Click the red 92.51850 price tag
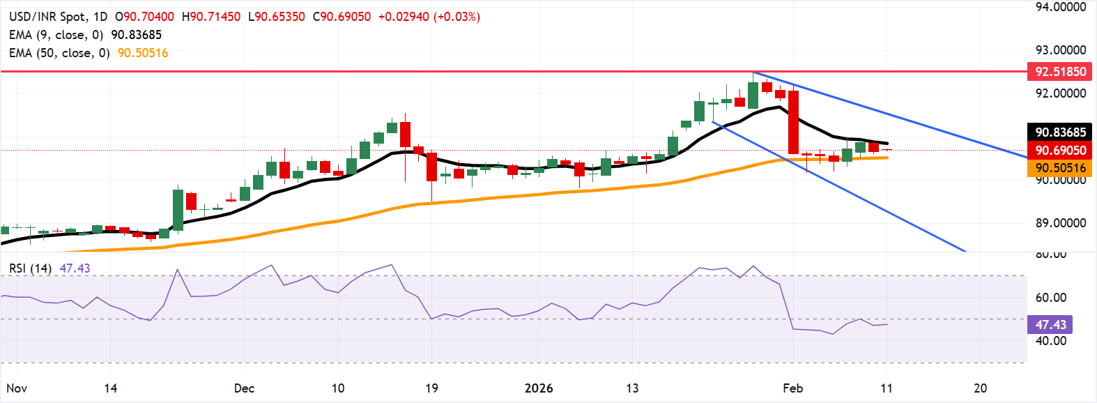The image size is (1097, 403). tap(1060, 71)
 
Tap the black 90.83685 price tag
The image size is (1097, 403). tap(1060, 132)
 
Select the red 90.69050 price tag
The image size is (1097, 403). tap(1060, 150)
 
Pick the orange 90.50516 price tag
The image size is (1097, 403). tap(1060, 168)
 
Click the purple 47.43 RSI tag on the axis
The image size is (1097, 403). tap(1050, 324)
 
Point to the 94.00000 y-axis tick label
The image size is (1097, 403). tap(1060, 7)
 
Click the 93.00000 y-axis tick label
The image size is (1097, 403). tap(1060, 50)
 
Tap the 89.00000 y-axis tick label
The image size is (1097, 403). tap(1060, 223)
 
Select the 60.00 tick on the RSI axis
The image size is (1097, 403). tap(1050, 298)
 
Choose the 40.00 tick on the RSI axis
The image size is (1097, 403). tap(1050, 341)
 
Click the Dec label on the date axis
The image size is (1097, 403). tap(244, 388)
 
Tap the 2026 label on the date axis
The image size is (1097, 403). tap(539, 388)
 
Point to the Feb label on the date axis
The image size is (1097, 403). tap(792, 388)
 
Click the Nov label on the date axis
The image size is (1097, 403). tap(17, 388)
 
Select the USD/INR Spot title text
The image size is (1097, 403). tap(48, 17)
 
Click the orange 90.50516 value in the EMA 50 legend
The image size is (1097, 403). tap(143, 53)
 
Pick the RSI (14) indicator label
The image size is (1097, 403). tap(30, 268)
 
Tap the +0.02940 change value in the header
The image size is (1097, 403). tap(404, 17)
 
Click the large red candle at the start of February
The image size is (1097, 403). tap(793, 122)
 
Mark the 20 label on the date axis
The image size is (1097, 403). tap(980, 388)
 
